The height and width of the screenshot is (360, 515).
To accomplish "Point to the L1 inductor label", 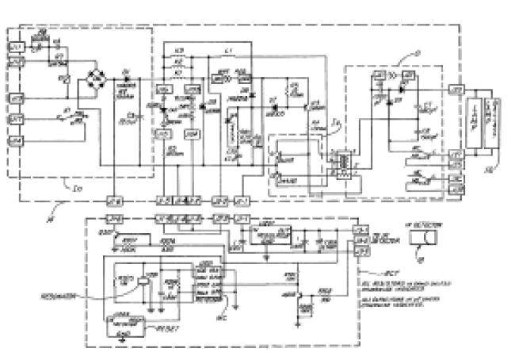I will (x=228, y=51).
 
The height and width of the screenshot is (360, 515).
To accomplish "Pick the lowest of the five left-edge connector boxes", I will (x=16, y=140).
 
